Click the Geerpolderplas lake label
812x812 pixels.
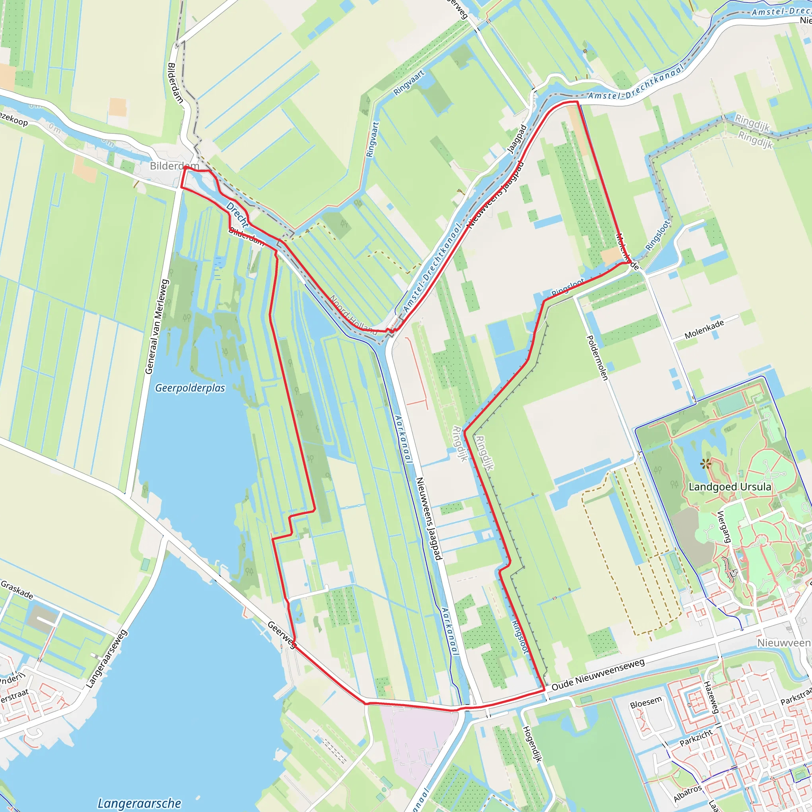190,388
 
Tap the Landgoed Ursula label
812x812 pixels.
730,487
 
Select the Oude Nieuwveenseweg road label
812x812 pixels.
598,675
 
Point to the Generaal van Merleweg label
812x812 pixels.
156,327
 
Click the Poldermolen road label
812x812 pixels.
597,358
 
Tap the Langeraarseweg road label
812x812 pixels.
107,659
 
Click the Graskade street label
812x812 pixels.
17,590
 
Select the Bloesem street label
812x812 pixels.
646,702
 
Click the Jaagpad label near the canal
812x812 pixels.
517,139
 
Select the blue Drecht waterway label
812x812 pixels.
237,215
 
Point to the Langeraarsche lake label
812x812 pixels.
139,803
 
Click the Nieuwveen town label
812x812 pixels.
784,643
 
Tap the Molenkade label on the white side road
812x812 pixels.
705,329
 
